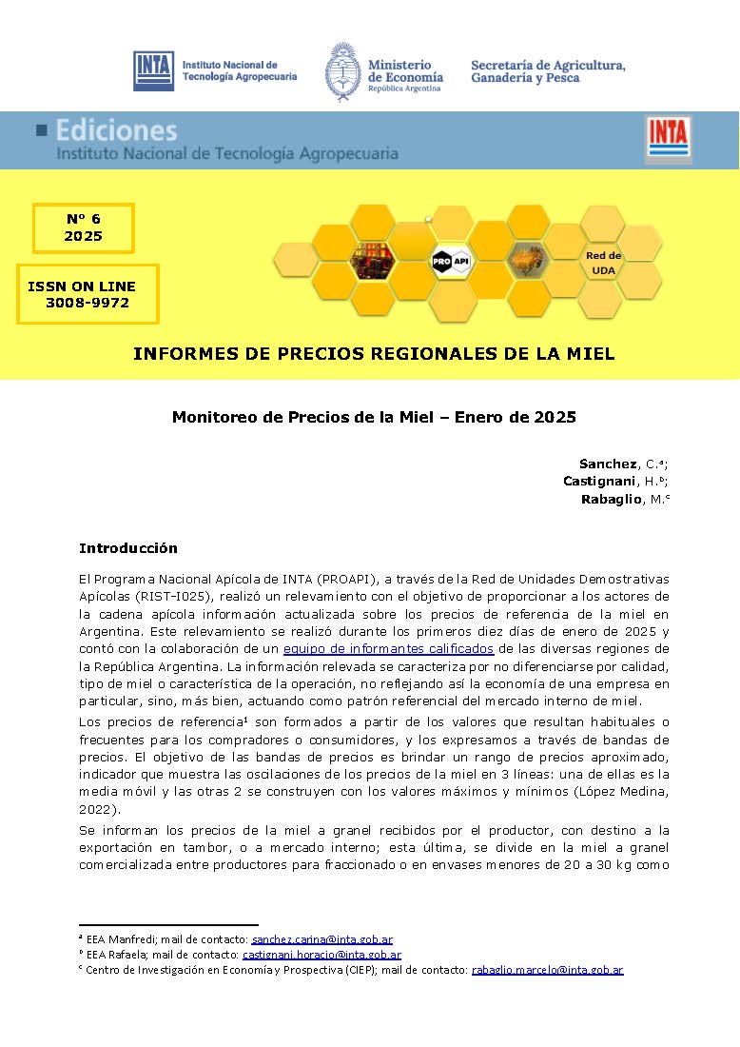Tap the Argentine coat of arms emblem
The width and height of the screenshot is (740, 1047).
point(341,69)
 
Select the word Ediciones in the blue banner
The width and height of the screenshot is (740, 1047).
point(116,130)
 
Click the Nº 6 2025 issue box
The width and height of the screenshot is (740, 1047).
point(84,228)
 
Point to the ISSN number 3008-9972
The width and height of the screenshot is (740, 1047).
point(88,304)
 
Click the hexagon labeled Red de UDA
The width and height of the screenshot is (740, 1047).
point(603,263)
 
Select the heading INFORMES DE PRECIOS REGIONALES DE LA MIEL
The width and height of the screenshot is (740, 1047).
point(374,354)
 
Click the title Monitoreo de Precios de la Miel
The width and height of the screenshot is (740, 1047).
point(374,417)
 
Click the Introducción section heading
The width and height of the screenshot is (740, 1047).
point(127,549)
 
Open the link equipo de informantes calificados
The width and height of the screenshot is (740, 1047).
point(388,648)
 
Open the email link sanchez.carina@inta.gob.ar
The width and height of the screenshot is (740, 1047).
point(321,939)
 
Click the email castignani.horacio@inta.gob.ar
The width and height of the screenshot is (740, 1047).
point(321,955)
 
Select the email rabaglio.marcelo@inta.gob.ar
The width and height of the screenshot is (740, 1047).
point(547,970)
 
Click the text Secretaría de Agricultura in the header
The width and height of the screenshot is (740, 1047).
point(548,65)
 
